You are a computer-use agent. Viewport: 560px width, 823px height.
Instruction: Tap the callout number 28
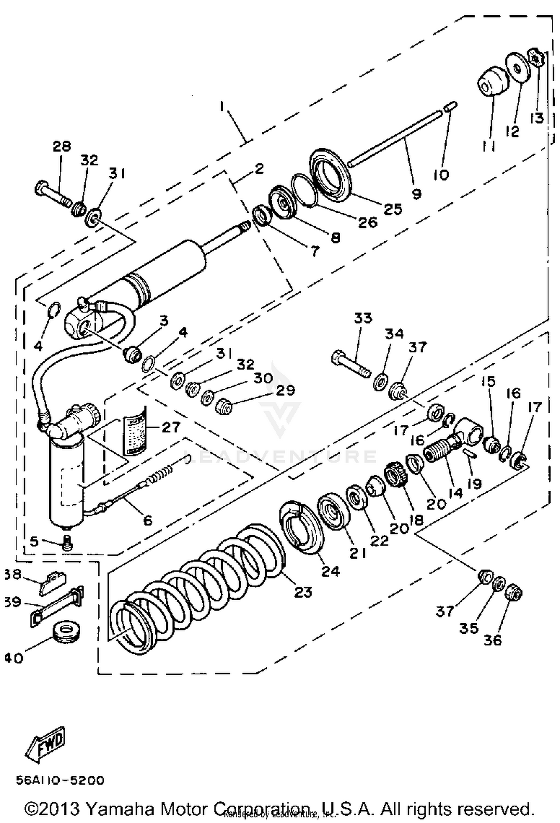(x=62, y=146)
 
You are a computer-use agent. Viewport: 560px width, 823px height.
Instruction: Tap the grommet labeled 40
(x=66, y=632)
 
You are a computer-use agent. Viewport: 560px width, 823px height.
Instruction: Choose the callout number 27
(x=171, y=427)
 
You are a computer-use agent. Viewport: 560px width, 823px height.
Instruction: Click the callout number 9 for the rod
(x=416, y=193)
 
